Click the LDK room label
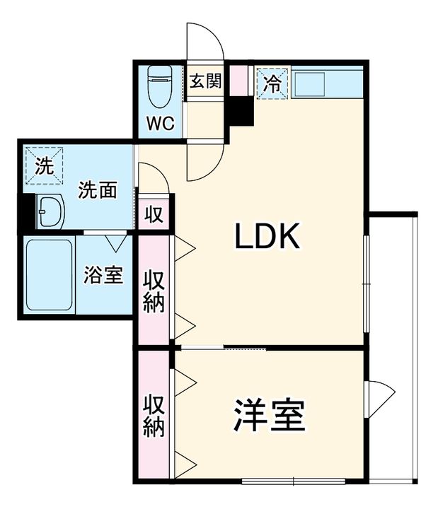tap(268, 237)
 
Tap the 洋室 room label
tap(270, 416)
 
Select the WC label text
tap(160, 123)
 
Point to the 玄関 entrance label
tap(204, 81)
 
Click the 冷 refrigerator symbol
tap(272, 82)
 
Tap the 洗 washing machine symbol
tap(44, 167)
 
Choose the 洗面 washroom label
tap(97, 190)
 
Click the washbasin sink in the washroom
tap(50, 211)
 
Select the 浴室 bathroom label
tap(103, 274)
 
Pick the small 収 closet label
tap(154, 214)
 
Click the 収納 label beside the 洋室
tap(154, 416)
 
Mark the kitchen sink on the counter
tap(312, 85)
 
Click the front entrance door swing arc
tap(205, 42)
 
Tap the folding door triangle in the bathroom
tap(116, 242)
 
